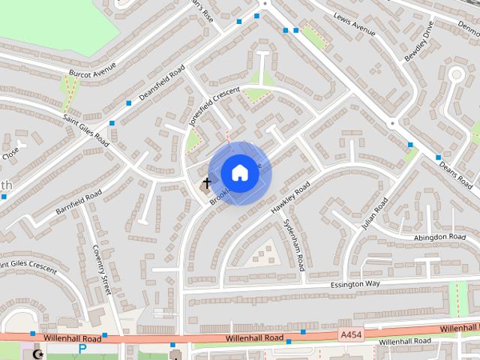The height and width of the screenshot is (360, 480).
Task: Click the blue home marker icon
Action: tap(239, 172)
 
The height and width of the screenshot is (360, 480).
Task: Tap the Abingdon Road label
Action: tap(439, 237)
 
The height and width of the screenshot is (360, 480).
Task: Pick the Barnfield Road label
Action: tap(78, 204)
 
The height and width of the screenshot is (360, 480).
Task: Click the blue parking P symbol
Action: tap(82, 349)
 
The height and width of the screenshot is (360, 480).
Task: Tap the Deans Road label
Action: tap(455, 173)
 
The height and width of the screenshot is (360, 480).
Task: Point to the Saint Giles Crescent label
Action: tap(27, 267)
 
